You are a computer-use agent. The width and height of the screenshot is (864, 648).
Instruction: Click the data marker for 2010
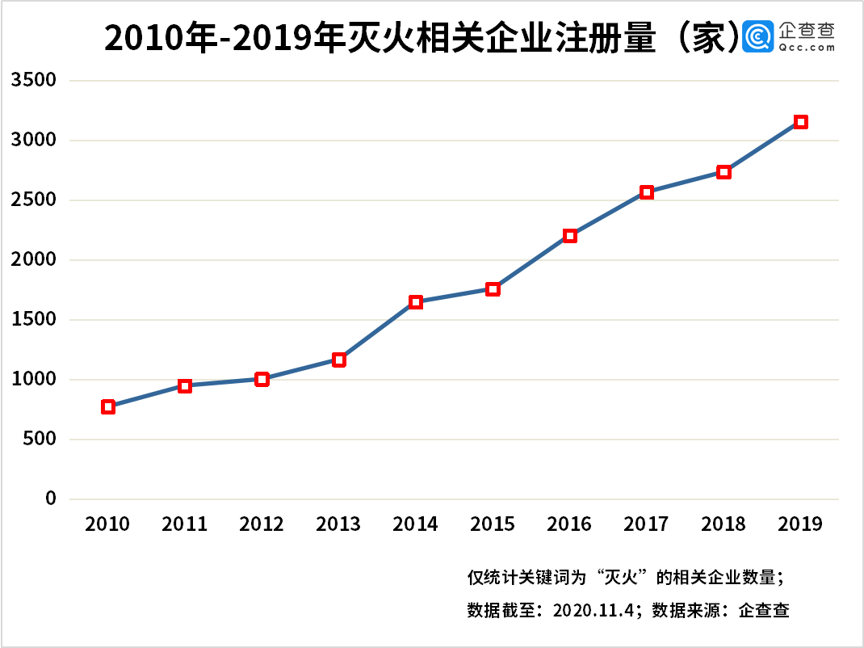[108, 406]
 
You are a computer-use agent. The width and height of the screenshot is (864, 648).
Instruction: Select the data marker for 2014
[416, 302]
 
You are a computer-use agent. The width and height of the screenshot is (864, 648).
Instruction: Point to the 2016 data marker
[570, 236]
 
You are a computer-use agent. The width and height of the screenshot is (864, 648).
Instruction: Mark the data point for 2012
[262, 379]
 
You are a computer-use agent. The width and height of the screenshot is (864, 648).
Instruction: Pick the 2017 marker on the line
[647, 192]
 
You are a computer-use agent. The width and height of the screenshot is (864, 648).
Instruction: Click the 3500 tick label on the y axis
[33, 81]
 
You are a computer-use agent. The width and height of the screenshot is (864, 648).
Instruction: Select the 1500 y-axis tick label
[33, 320]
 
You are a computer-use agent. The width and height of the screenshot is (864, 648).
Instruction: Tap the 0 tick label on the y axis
[51, 499]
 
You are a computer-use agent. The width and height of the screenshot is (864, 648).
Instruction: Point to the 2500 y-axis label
[33, 200]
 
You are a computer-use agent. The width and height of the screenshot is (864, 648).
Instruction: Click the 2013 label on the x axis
[338, 524]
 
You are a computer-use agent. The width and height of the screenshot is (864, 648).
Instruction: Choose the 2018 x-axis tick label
[723, 524]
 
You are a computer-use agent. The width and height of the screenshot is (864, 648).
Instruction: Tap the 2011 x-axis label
[184, 524]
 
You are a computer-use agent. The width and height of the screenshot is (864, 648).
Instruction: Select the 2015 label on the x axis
[493, 524]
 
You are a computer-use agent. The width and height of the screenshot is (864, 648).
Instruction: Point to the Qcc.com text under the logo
[807, 48]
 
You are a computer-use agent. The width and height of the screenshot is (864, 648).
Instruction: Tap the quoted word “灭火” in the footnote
[619, 578]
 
